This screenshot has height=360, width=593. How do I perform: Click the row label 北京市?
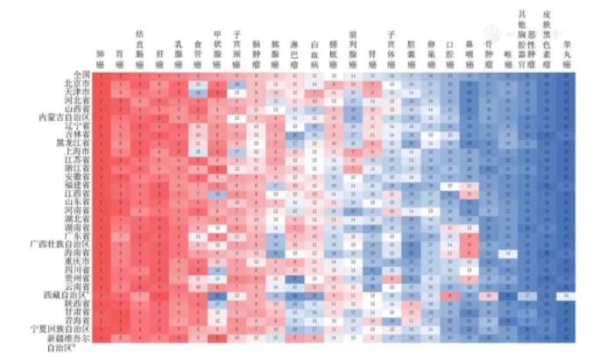point(76,83)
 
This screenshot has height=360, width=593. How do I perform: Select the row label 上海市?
point(76,152)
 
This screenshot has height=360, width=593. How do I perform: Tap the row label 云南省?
point(76,286)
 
